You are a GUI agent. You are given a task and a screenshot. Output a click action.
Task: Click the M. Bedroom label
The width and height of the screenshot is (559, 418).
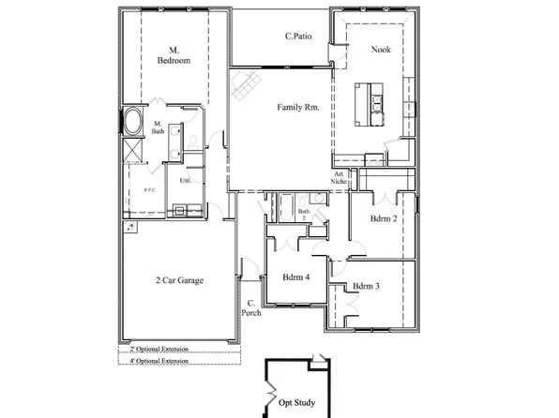click(174, 54)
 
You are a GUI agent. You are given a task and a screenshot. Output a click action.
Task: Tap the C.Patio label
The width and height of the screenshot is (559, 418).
click(298, 37)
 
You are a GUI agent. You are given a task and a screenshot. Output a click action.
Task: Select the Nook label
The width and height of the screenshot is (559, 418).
click(381, 50)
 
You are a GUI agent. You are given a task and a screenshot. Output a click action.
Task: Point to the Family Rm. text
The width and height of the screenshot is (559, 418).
click(298, 108)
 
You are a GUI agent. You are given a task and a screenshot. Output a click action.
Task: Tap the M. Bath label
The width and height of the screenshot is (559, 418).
click(158, 128)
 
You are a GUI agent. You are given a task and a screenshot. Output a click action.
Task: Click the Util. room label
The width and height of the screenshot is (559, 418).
click(185, 180)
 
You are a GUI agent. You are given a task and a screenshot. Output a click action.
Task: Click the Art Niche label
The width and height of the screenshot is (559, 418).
click(340, 179)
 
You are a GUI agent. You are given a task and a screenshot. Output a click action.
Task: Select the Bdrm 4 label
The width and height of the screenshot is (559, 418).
click(297, 276)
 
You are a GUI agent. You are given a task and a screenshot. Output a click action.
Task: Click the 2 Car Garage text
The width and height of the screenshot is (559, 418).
click(179, 280)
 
